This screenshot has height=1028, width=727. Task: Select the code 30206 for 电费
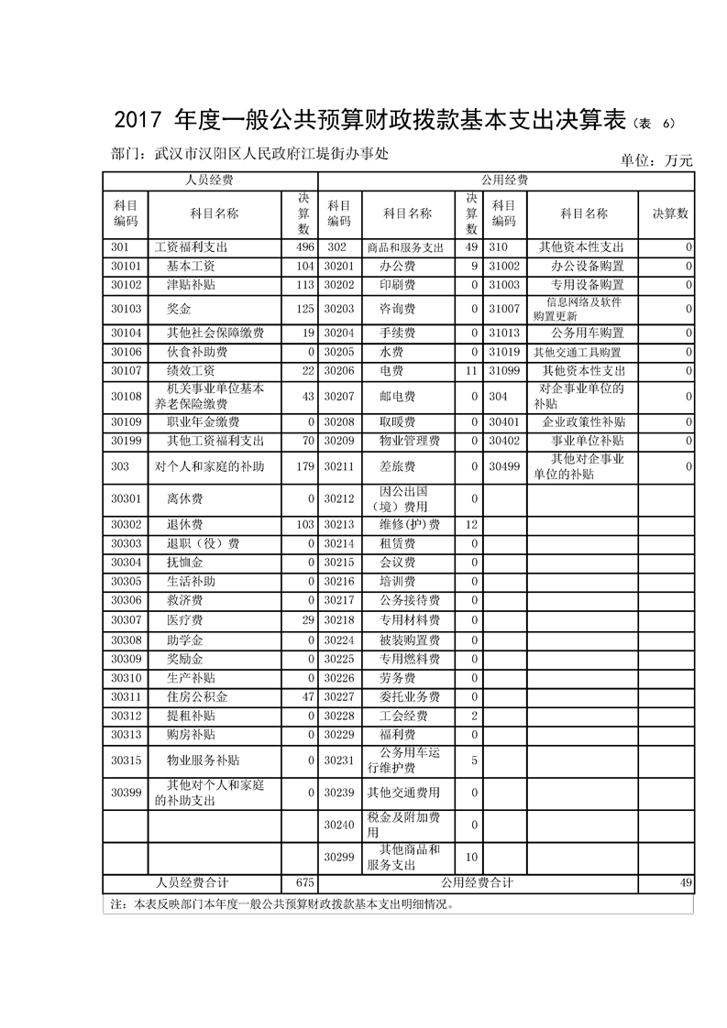pyautogui.click(x=338, y=370)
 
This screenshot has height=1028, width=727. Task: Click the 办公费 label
pyautogui.click(x=398, y=266)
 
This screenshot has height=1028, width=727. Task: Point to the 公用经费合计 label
pyautogui.click(x=477, y=882)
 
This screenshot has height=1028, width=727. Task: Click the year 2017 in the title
pyautogui.click(x=140, y=122)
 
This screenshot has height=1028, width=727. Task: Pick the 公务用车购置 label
pyautogui.click(x=588, y=333)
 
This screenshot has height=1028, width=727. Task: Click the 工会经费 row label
pyautogui.click(x=403, y=716)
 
